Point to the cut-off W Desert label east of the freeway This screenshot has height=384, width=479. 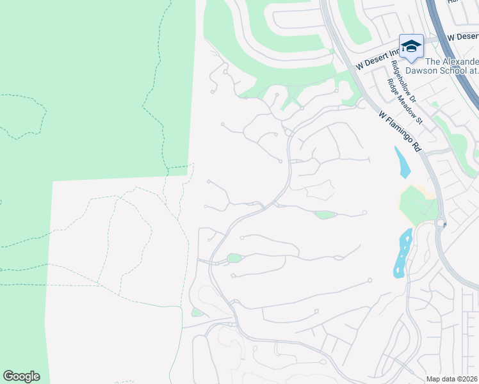point(462,37)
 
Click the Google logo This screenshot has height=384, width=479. point(21,376)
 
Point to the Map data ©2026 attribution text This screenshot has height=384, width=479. point(451,379)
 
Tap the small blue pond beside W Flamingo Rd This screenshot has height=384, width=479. point(402,163)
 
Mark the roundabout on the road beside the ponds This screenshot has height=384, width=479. point(441,223)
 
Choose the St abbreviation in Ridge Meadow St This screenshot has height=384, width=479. point(420,119)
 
